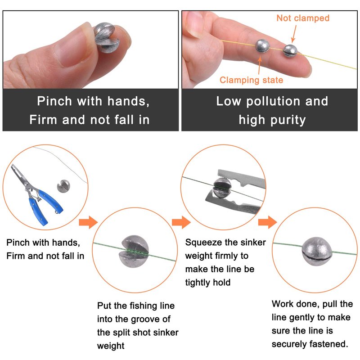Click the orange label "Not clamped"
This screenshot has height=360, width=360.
[x=303, y=18]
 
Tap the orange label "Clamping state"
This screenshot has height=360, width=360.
[x=252, y=80]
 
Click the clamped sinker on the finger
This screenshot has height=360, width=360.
[x=262, y=46]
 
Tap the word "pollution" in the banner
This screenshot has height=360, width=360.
[x=273, y=102]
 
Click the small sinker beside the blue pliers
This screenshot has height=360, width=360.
[x=63, y=186]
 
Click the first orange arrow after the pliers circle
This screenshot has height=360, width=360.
[x=88, y=222]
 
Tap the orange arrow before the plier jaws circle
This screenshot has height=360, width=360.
[x=181, y=222]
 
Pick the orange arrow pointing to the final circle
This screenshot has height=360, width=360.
[x=267, y=222]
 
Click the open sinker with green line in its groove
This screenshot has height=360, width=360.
[x=134, y=251]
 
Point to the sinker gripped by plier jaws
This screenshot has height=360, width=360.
[x=222, y=188]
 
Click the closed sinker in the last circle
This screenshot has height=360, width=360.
[x=317, y=252]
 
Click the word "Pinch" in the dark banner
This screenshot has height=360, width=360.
[x=54, y=101]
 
